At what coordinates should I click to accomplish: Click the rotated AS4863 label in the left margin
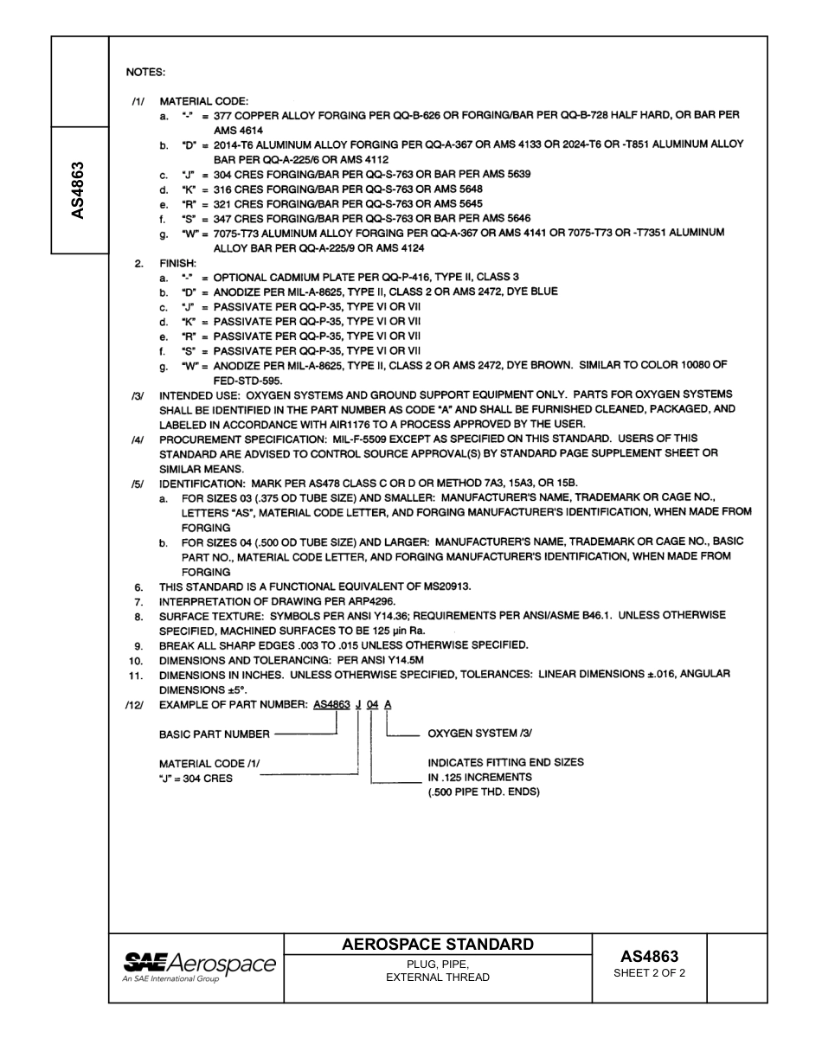point(77,189)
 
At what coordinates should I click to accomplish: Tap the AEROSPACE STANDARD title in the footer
point(438,944)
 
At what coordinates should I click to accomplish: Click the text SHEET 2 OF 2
point(649,972)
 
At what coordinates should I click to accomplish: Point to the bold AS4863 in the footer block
point(649,956)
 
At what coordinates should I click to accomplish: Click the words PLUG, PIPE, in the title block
point(438,964)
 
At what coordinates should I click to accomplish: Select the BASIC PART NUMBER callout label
point(214,734)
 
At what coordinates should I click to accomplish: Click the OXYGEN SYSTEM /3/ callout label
point(480,734)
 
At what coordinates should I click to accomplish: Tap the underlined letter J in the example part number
point(358,704)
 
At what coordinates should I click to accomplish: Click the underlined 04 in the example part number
point(372,704)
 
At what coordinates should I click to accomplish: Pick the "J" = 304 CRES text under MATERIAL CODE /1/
point(196,778)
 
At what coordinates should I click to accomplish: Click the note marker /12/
point(138,705)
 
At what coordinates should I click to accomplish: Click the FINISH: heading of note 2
point(178,262)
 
